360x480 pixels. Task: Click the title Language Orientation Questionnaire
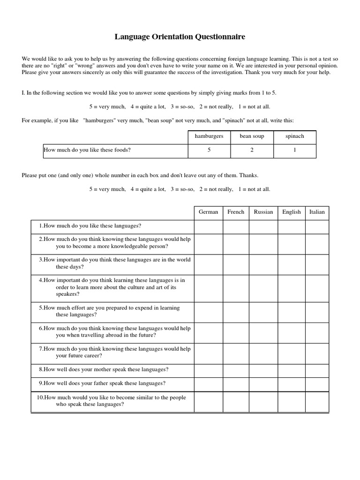(x=180, y=36)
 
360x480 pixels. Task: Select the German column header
(x=208, y=212)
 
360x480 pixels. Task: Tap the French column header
(x=236, y=212)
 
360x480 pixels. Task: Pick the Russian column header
(x=263, y=212)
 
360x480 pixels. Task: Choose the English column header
(x=292, y=212)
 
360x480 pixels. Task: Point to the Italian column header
(x=317, y=212)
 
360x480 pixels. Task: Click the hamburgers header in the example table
(x=209, y=136)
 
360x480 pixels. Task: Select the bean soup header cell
(x=252, y=136)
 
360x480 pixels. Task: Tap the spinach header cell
(x=295, y=136)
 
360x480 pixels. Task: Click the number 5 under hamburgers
(x=209, y=150)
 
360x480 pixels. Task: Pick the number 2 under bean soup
(x=252, y=150)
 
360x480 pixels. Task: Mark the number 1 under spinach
(x=295, y=150)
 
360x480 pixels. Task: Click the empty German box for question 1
(x=208, y=226)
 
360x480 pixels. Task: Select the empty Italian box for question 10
(x=317, y=402)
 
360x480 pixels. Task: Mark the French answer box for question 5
(x=236, y=312)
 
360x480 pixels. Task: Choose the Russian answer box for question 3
(x=263, y=263)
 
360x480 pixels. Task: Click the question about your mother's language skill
(x=104, y=370)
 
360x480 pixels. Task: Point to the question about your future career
(x=114, y=352)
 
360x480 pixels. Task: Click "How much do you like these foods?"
(x=87, y=150)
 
